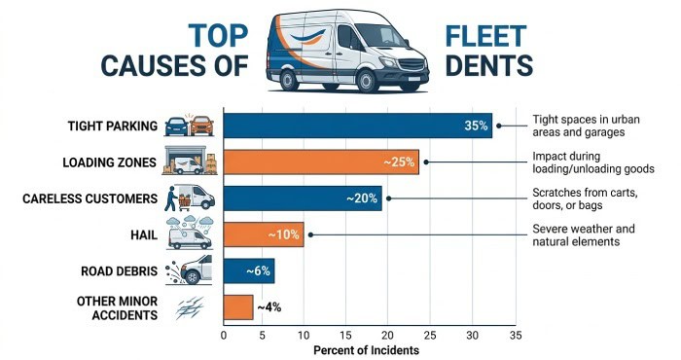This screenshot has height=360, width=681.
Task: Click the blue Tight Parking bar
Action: point(358,126)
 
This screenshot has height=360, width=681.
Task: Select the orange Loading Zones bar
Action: point(321,162)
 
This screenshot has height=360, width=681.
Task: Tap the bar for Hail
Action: point(264,234)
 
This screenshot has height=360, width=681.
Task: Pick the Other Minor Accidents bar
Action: point(238,307)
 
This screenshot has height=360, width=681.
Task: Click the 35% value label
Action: point(476,126)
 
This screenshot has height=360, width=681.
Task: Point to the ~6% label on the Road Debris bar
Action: point(259,271)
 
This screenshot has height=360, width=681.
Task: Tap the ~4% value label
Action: point(269,307)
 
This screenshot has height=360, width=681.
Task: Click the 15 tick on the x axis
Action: point(345,336)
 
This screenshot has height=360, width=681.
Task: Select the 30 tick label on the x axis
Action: point(473,336)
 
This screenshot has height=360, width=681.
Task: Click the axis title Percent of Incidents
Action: point(366,350)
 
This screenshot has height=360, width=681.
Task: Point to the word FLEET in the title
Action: point(486,36)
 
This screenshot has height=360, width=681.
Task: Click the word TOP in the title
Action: point(218,35)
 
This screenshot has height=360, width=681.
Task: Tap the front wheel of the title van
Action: point(366,81)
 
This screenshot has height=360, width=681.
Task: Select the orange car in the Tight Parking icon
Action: point(202,126)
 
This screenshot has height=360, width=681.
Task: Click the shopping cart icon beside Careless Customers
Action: point(185,202)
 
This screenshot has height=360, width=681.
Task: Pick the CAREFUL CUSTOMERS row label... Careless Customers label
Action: point(90,198)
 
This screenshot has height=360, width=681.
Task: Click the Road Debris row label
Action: point(119,271)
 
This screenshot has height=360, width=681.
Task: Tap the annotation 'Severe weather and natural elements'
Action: point(584,234)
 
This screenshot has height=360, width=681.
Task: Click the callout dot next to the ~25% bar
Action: point(426,162)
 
